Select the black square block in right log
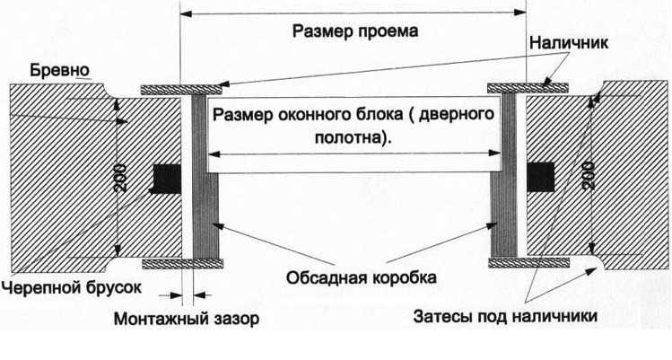539,176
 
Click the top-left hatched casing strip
181,90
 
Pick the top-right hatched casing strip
527,88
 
